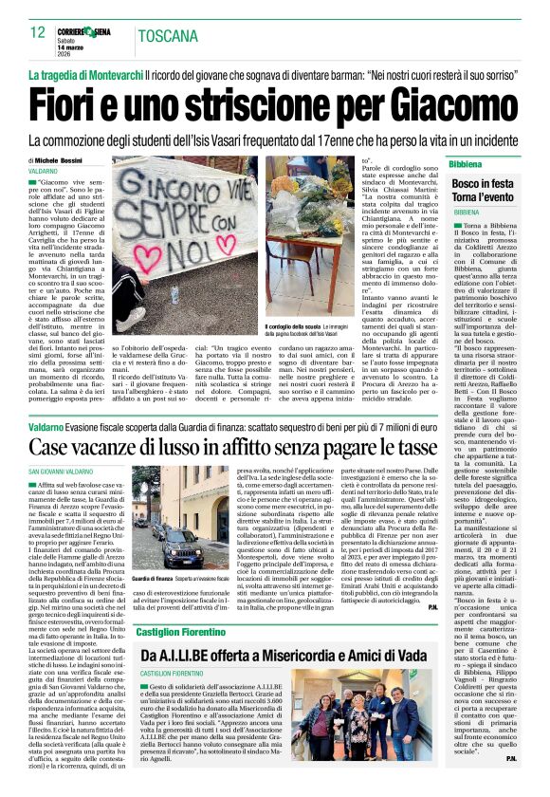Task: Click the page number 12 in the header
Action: [38, 32]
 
